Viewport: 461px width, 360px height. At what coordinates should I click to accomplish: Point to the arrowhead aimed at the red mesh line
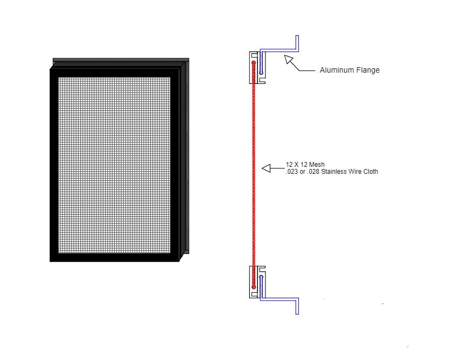267,168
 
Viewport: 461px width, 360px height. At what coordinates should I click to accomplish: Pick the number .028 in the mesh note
313,172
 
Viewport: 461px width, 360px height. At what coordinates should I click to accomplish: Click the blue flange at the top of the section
280,52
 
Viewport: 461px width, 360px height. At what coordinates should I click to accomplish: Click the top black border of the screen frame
115,72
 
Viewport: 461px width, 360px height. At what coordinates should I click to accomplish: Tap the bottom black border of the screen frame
115,257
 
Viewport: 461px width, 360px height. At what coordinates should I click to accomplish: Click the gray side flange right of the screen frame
186,156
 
